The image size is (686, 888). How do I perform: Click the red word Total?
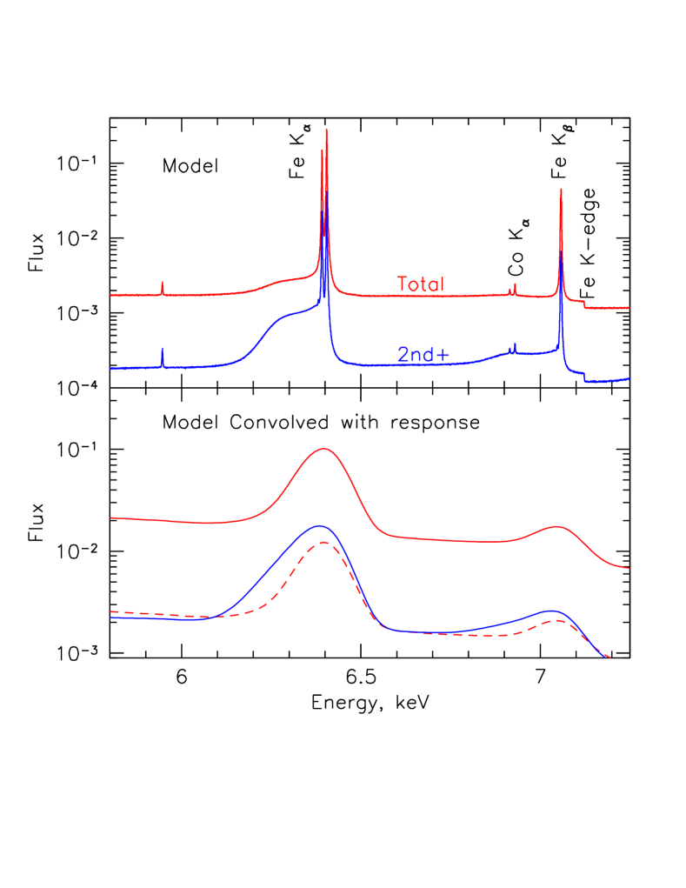(420, 284)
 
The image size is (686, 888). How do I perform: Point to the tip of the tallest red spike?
(326, 130)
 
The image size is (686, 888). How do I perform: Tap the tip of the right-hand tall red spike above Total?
(561, 189)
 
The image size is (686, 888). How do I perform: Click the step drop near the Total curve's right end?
(584, 304)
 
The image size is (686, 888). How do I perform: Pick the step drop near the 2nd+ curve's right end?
(584, 375)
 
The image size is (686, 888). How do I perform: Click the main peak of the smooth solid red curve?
(324, 449)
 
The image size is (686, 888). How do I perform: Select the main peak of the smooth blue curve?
(319, 526)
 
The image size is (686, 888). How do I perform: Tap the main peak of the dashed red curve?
(324, 542)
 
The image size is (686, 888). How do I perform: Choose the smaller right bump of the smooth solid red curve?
(555, 526)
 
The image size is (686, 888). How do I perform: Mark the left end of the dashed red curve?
(111, 611)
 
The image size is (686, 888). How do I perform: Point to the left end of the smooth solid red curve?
(111, 517)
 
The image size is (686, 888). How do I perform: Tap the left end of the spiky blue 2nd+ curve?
(111, 368)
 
